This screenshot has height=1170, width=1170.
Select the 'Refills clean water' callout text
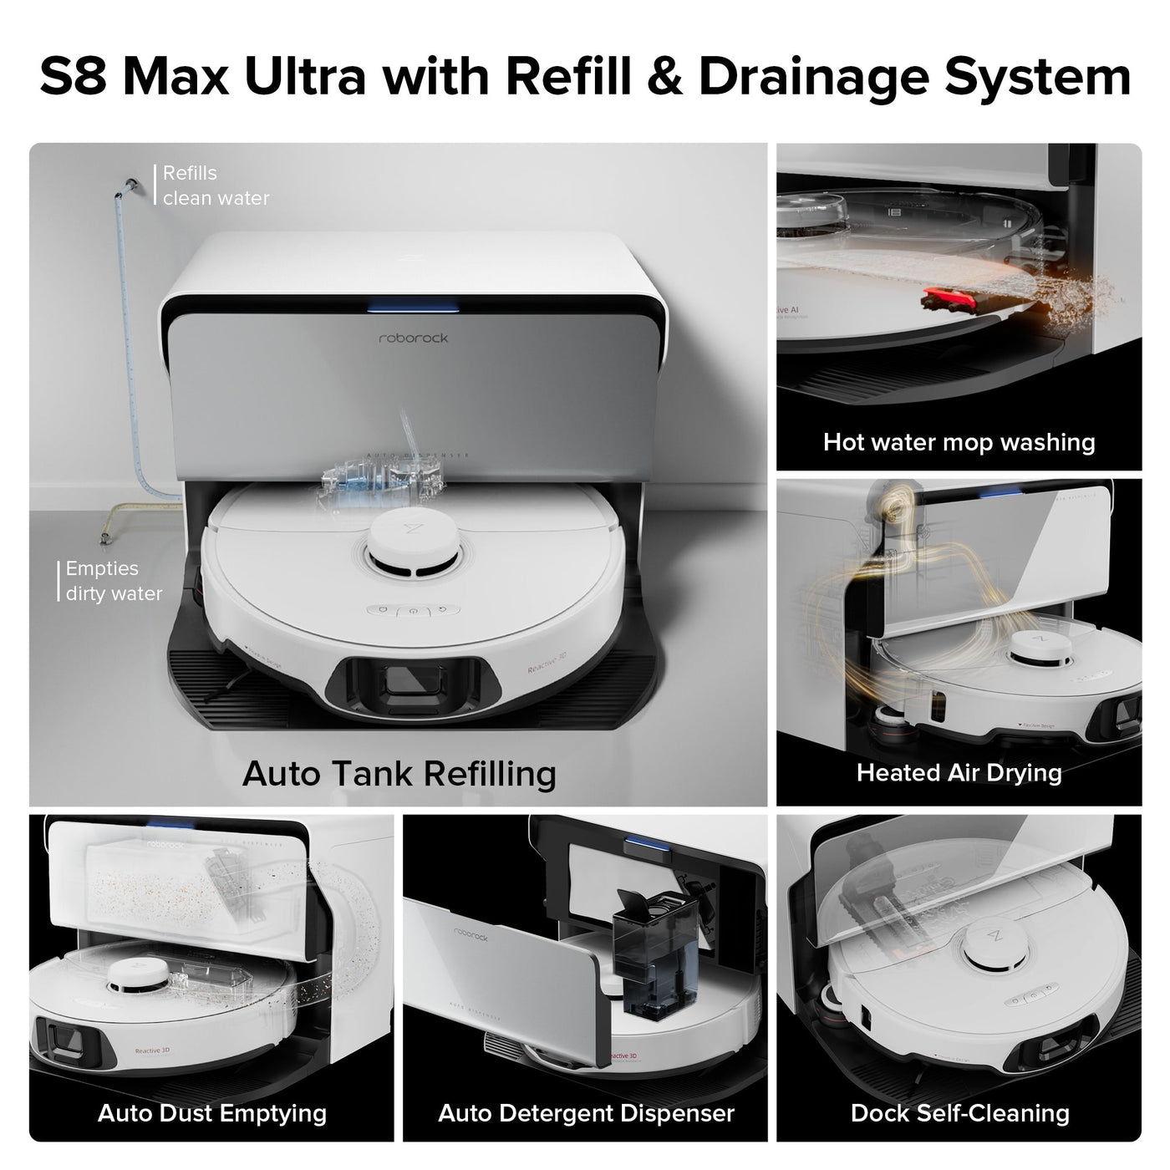216,186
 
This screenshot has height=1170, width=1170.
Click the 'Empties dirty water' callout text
114,581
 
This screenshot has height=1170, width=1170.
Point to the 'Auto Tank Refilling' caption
399,773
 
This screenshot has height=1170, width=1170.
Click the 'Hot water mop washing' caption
959,441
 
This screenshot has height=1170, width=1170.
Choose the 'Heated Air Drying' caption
959,772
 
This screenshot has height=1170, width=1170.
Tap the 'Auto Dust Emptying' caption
211,1112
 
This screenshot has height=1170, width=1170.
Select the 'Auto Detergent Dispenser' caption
586,1112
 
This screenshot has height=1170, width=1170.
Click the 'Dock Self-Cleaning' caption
959,1112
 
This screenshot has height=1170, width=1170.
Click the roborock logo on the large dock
413,338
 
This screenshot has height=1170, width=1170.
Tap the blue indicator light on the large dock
413,307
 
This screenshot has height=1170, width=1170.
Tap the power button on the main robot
412,611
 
